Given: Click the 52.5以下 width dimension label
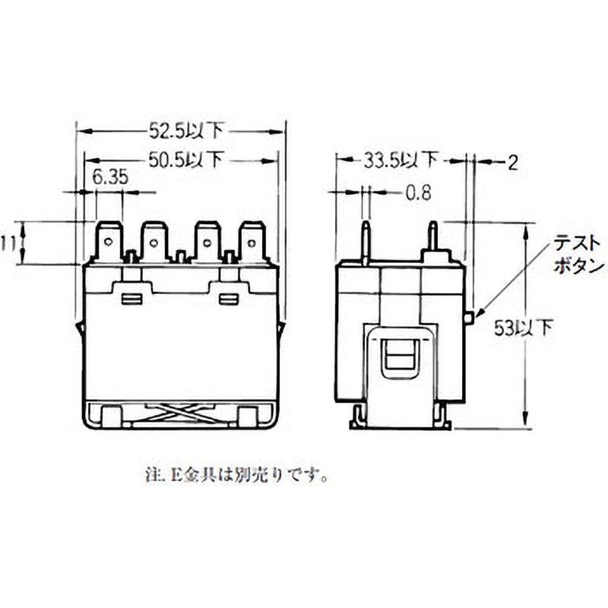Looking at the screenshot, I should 185,131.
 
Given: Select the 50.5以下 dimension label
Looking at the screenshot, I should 185,160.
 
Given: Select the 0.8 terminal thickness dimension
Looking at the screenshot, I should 417,193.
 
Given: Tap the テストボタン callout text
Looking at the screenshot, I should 578,255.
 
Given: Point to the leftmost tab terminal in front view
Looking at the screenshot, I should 109,242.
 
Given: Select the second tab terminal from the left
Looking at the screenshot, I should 155,242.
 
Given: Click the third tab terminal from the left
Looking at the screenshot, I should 206,242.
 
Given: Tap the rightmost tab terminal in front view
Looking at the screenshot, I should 252,242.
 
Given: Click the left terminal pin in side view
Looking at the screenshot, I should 366,242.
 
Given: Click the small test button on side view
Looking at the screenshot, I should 469,316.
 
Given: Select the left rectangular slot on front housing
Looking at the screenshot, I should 132,299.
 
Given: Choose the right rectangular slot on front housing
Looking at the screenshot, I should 228,299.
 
